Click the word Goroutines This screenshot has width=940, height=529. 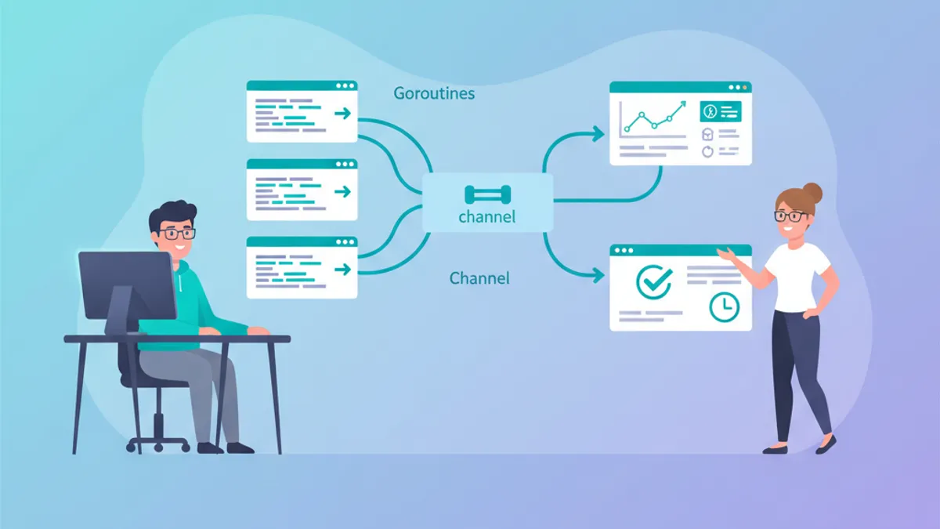(434, 93)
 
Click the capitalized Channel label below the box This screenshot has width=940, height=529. (479, 277)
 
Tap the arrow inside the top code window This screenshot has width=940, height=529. (342, 114)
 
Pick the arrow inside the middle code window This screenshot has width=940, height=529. (342, 191)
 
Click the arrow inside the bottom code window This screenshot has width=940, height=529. (342, 269)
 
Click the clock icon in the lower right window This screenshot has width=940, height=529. (724, 306)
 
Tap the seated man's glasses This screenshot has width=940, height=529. (177, 233)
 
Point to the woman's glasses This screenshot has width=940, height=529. (790, 216)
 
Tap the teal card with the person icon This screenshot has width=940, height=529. (720, 111)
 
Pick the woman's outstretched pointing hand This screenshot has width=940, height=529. (728, 252)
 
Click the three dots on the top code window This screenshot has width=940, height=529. (343, 85)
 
